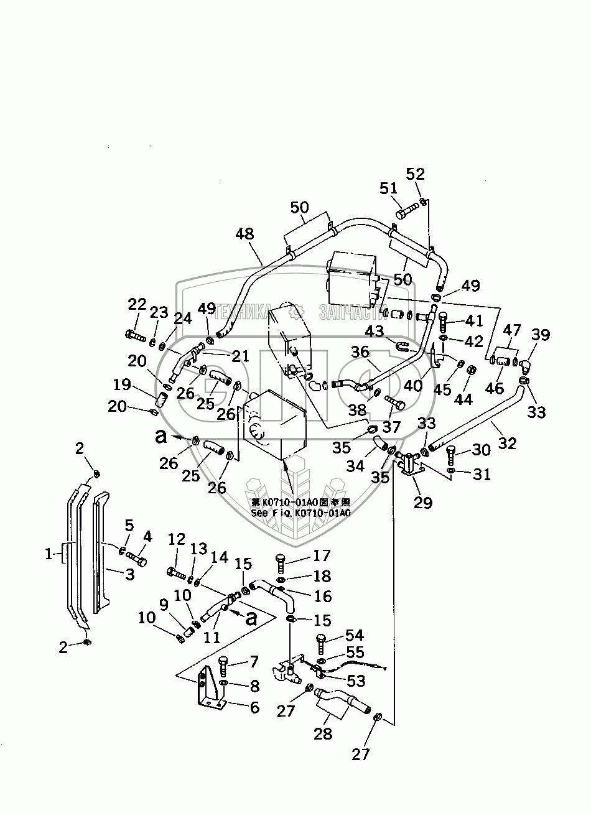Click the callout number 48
244,235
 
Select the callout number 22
136,304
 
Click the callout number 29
422,502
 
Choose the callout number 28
323,733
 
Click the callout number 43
375,332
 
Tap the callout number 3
129,574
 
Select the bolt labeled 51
405,212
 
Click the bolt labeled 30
451,455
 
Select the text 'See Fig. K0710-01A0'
300,513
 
